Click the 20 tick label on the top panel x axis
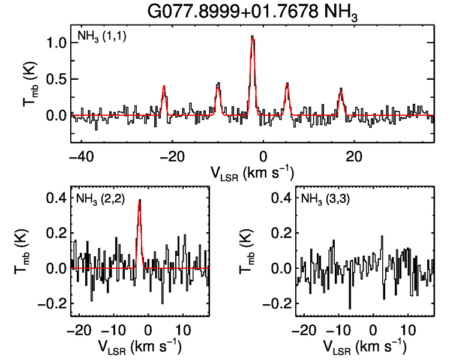pos(354,156)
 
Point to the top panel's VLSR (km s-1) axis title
pos(252,172)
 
